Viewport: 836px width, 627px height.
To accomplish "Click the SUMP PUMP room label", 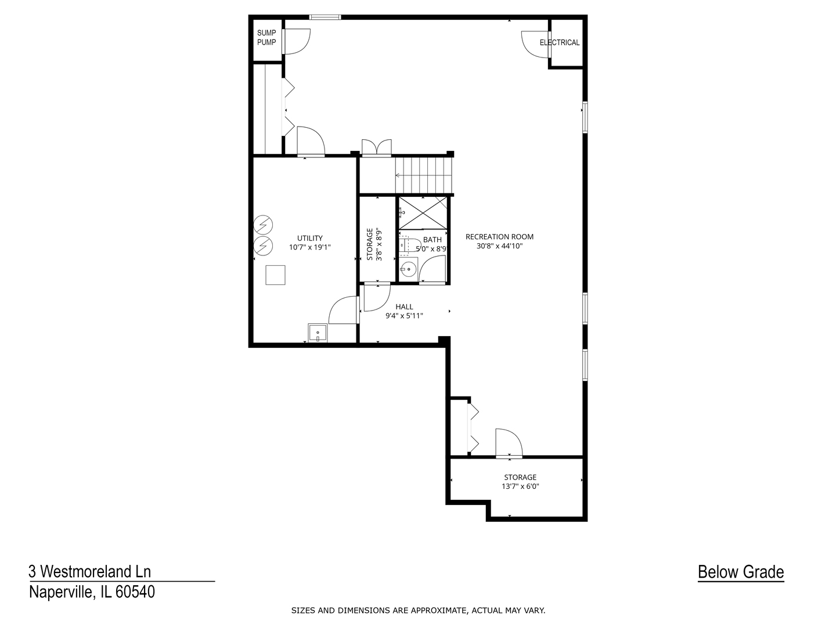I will [x=266, y=38].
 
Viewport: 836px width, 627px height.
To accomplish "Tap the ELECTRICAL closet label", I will [x=559, y=42].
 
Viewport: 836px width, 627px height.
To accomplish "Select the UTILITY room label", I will [x=309, y=238].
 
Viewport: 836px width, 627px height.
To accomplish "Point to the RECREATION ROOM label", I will [x=499, y=237].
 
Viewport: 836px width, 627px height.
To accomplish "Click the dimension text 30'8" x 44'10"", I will [x=499, y=246].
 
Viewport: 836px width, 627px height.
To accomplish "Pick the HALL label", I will [x=404, y=307].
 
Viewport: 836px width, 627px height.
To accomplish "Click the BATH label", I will [x=432, y=240].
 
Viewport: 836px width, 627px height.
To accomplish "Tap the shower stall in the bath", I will [x=423, y=213].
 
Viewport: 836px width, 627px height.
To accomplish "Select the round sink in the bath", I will [x=409, y=269].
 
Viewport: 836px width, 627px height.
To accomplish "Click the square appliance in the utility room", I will [x=275, y=275].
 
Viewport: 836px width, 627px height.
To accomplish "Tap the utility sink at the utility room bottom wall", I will [x=318, y=334].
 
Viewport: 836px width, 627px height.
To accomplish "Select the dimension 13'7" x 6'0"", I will [x=520, y=487].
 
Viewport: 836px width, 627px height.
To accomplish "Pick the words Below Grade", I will [x=740, y=572].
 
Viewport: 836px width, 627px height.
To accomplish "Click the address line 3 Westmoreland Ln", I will [x=90, y=572].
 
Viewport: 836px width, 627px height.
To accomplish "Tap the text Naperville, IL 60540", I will [x=92, y=592].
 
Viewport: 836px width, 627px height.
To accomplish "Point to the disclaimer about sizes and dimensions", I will [x=418, y=610].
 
